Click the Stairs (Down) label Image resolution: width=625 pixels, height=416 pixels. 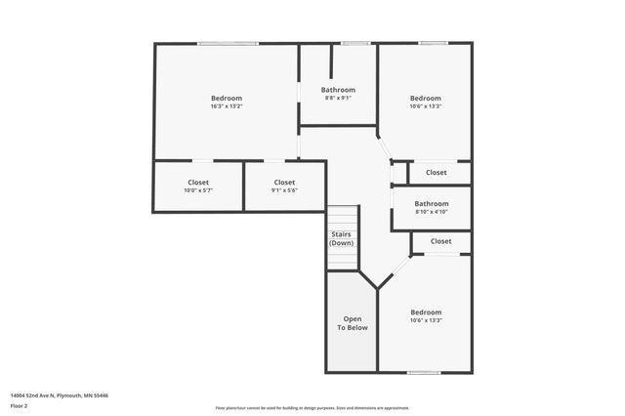(341, 238)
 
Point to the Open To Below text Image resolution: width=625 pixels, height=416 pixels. (352, 323)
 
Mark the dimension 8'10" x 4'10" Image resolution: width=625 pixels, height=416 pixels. (431, 212)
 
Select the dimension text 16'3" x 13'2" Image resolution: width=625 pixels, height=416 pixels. (227, 106)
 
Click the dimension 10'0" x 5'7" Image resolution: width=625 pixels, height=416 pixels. (198, 190)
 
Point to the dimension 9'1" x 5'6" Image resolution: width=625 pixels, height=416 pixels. (284, 190)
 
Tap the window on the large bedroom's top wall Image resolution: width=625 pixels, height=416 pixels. (229, 43)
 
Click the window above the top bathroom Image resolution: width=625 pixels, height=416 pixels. (354, 43)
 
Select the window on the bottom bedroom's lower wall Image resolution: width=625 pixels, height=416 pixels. (423, 371)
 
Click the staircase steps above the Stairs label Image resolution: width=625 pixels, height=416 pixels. (342, 216)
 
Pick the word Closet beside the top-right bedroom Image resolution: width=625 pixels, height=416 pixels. (437, 173)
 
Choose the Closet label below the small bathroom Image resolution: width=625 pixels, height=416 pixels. (440, 241)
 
